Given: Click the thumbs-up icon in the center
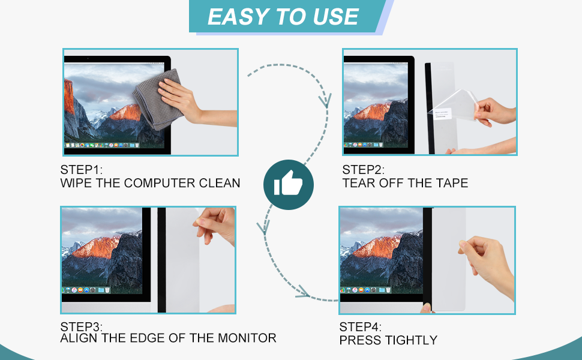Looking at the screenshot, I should (x=288, y=184).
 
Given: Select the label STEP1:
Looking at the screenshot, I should (x=82, y=170).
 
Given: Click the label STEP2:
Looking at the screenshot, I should (x=364, y=170).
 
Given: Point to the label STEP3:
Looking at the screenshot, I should (x=82, y=327).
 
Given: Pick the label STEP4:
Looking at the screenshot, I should (x=361, y=327).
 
